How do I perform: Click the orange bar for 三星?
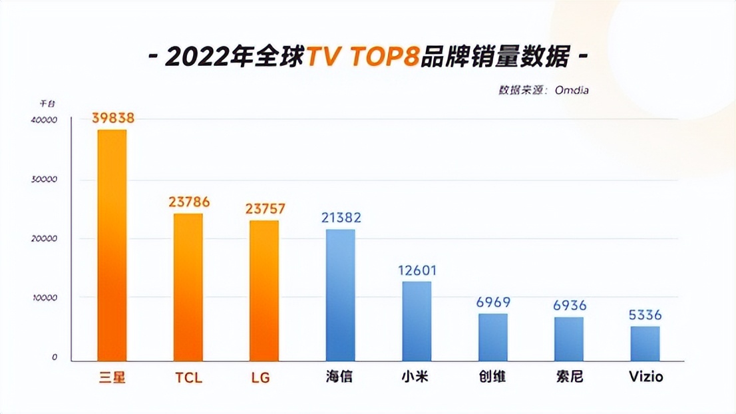pos(112,245)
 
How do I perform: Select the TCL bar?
pos(188,287)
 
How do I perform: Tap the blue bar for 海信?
pos(340,295)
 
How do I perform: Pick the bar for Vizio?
pos(645,343)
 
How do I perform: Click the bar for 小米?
pos(417,321)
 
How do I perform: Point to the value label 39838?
pos(113,118)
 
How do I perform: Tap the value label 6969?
pos(493,303)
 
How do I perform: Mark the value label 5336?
pos(645,315)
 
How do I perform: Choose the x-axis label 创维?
pos(492,377)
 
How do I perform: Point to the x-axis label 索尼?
pos(569,377)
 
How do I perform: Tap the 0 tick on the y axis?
pos(55,357)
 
